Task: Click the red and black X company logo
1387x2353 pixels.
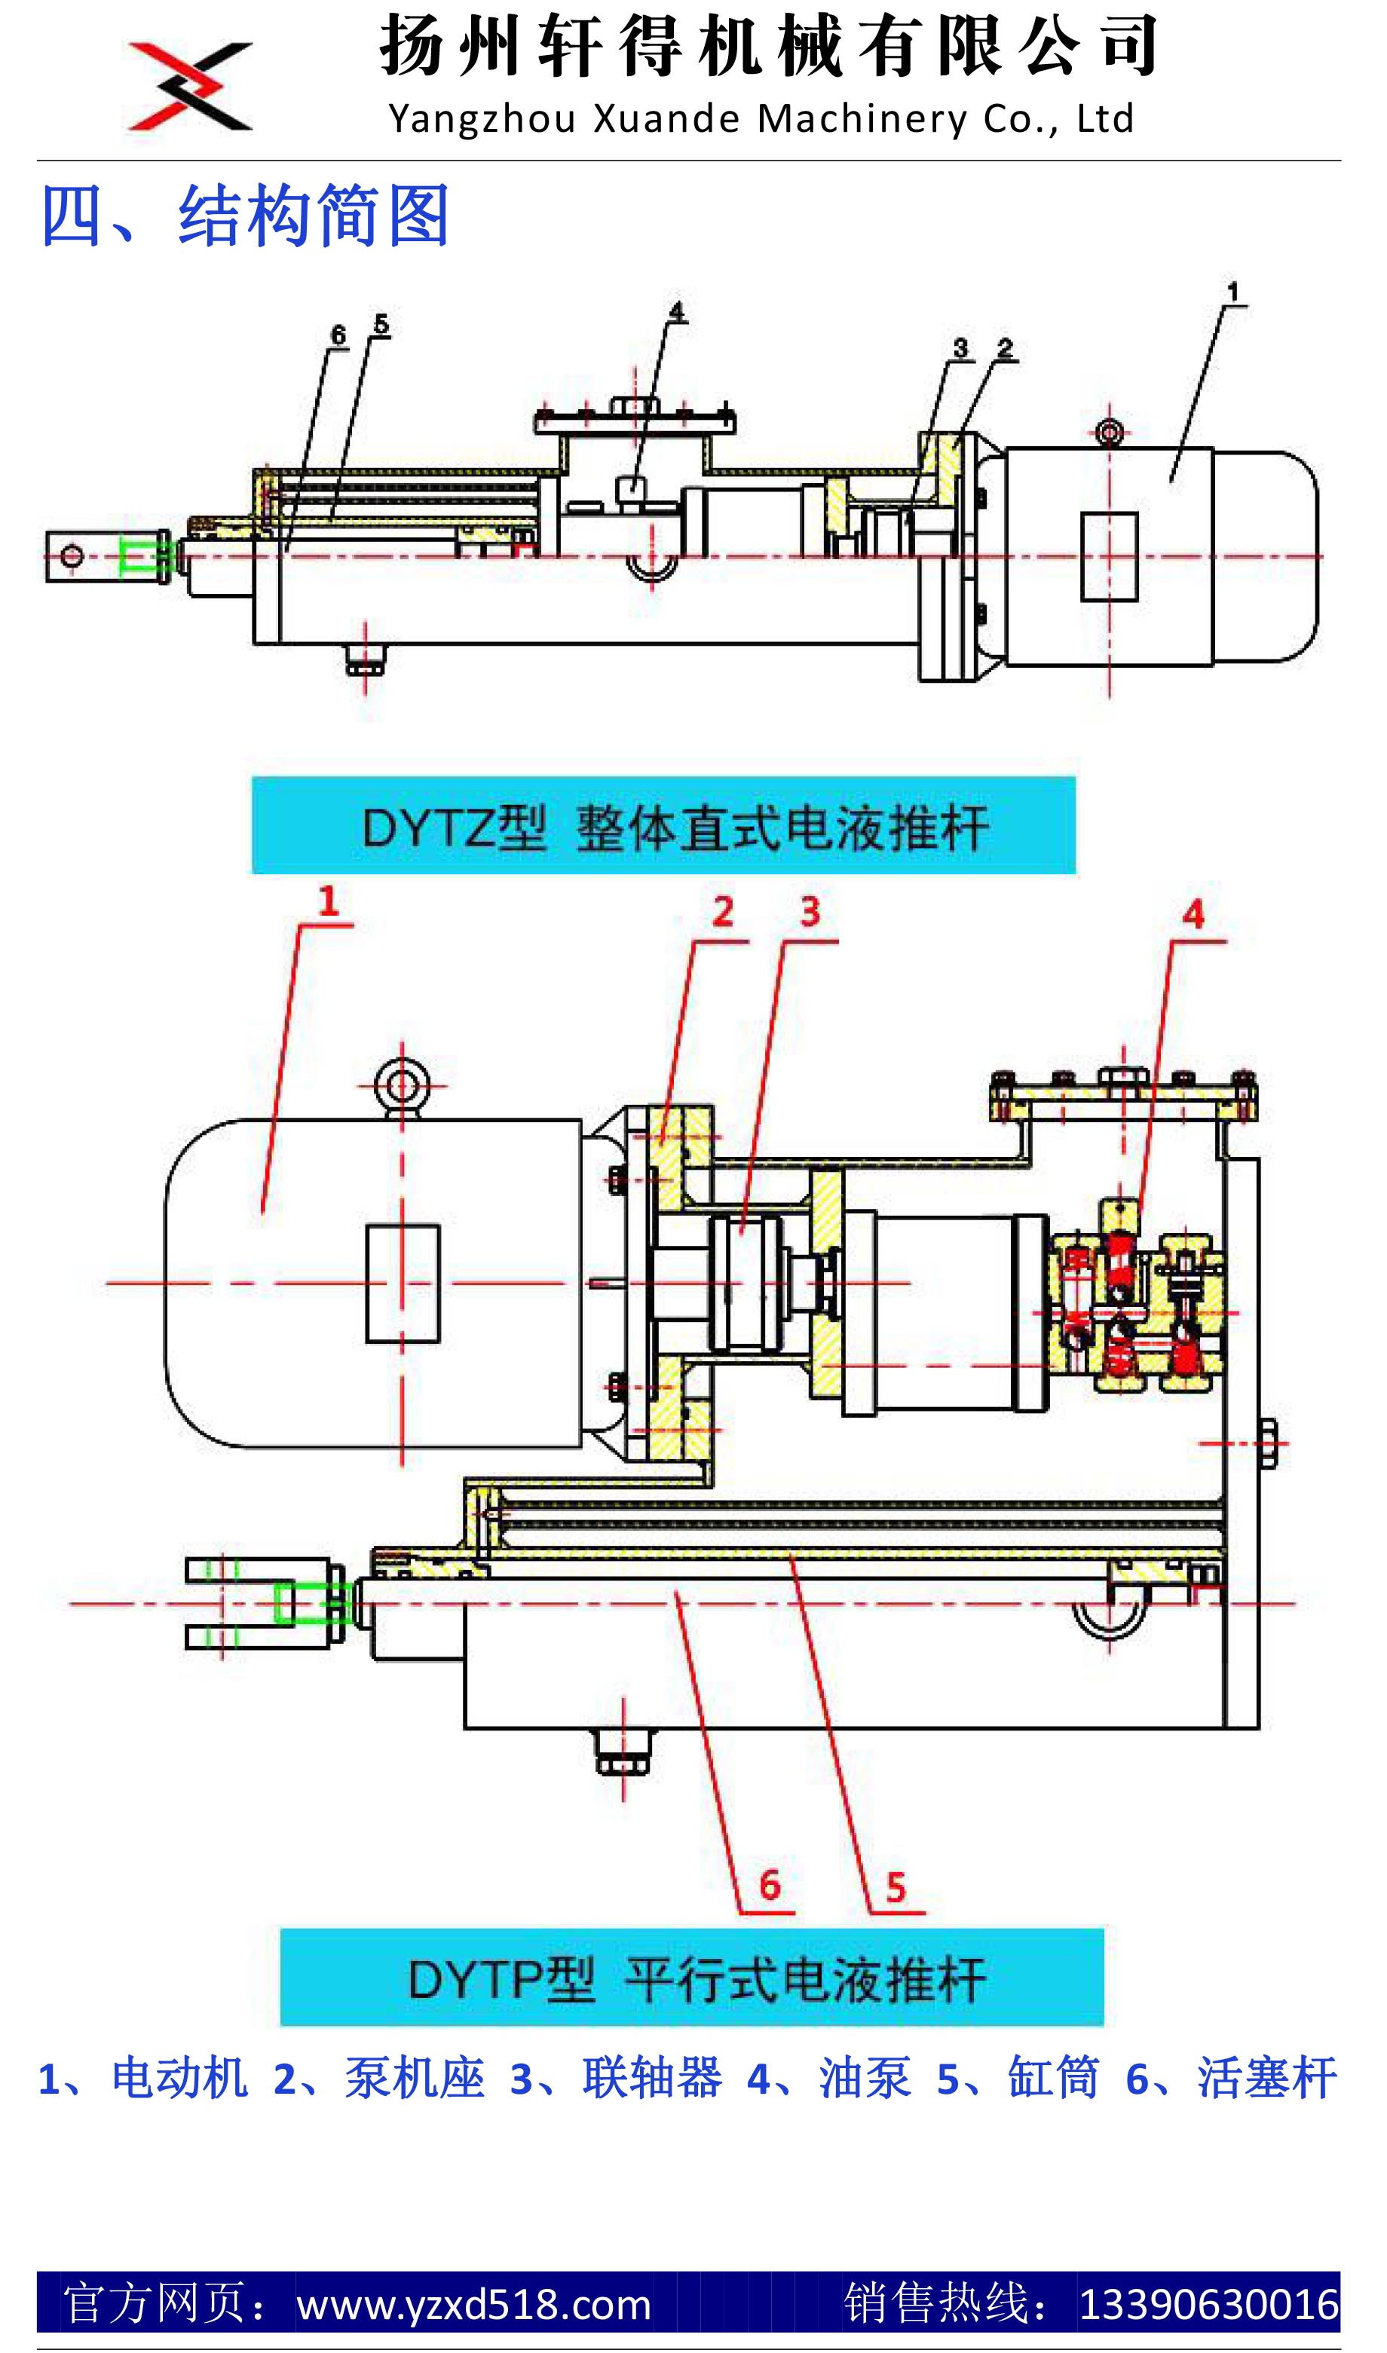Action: tap(190, 86)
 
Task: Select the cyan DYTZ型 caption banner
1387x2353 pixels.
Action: tap(663, 826)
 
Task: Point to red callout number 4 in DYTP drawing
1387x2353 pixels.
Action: tap(1193, 915)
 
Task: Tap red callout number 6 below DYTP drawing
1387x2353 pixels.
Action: tap(769, 1886)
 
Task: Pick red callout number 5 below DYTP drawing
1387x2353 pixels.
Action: tap(896, 1888)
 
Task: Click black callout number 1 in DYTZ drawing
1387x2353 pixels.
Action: tap(1232, 292)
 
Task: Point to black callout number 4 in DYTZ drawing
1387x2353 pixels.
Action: tap(675, 311)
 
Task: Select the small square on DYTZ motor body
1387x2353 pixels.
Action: tap(1110, 556)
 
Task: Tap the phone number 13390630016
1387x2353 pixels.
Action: tap(1209, 2305)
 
